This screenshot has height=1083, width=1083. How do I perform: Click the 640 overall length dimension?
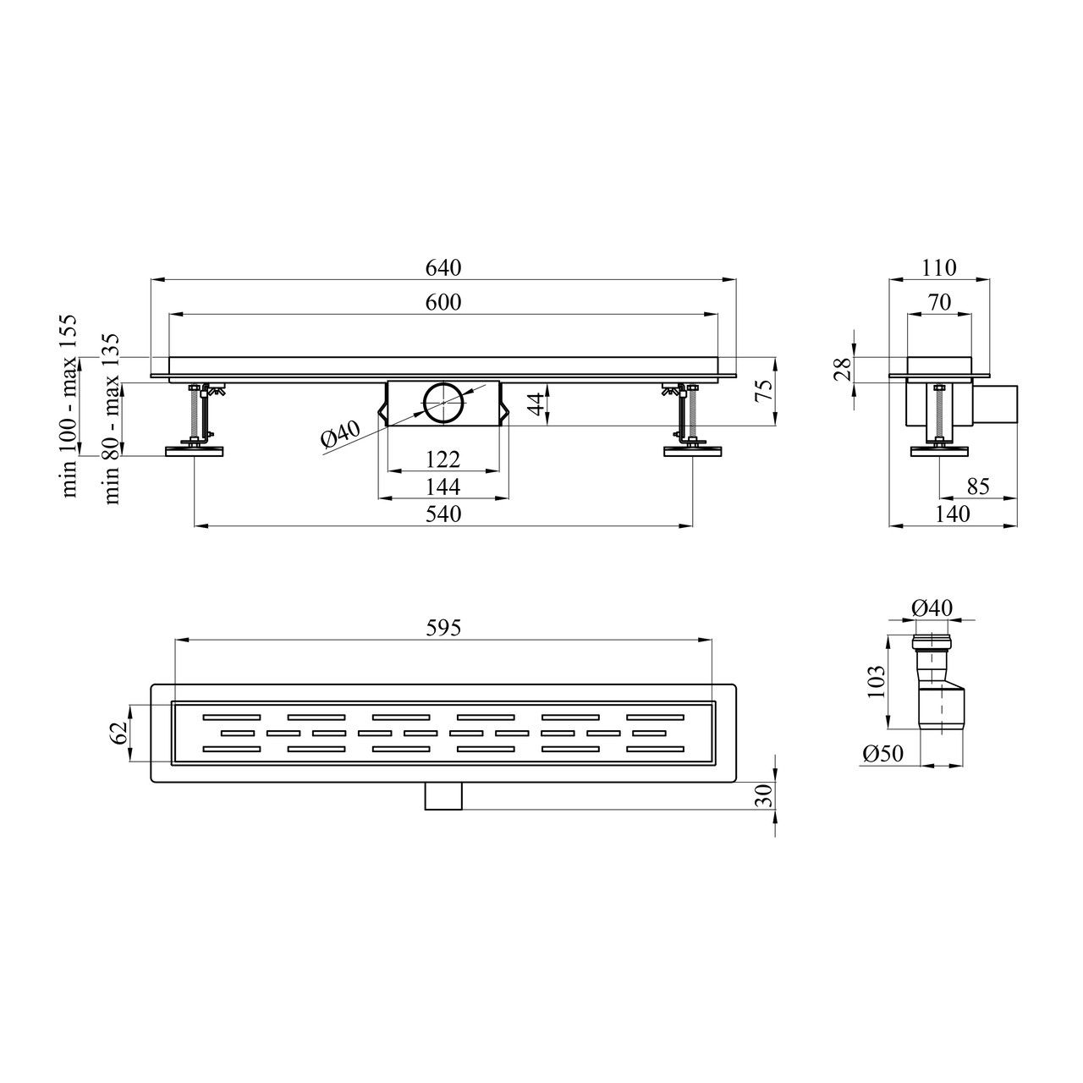443,268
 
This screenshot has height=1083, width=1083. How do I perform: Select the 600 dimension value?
443,302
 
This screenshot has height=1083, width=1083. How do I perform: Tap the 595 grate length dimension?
443,627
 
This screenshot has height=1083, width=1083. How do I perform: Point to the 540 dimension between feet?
443,514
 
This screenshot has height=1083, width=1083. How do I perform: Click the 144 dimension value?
443,487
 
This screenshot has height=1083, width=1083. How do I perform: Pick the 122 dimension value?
443,459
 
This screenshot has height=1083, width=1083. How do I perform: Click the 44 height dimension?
537,404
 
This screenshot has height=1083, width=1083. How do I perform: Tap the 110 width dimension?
938,268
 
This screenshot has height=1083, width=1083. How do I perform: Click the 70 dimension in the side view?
939,302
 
